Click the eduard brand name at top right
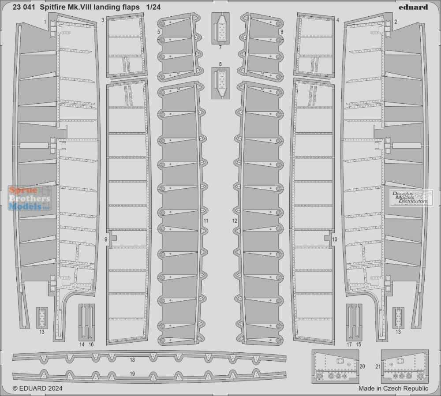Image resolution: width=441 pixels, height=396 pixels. tap(413, 7)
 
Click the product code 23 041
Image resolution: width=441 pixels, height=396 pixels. tap(24, 7)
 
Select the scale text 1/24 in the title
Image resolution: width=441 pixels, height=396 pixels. tap(153, 7)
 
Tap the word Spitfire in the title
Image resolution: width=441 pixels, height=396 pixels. tap(52, 7)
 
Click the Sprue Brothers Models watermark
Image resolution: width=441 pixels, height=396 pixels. tap(30, 198)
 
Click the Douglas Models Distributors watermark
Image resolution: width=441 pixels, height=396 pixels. tap(411, 198)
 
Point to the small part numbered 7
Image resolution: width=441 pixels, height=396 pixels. tap(220, 28)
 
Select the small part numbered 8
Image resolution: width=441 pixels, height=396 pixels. tap(220, 83)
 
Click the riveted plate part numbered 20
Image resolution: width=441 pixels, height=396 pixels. tap(335, 366)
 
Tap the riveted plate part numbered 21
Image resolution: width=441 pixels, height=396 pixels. tap(405, 366)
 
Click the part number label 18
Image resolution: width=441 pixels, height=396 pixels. tap(132, 360)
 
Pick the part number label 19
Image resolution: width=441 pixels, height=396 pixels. tap(132, 374)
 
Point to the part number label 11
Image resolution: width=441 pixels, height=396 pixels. tap(206, 221)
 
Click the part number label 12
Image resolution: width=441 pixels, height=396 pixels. tap(235, 221)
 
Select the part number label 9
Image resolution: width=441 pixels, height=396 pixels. tap(106, 239)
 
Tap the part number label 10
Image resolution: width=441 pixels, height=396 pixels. tap(334, 239)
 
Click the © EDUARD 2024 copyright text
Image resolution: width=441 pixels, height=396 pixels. tap(37, 389)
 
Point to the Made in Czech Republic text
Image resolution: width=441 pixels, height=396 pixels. tap(393, 389)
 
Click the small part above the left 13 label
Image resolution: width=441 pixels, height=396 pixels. tap(42, 318)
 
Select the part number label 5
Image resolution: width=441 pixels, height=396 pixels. tap(159, 32)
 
